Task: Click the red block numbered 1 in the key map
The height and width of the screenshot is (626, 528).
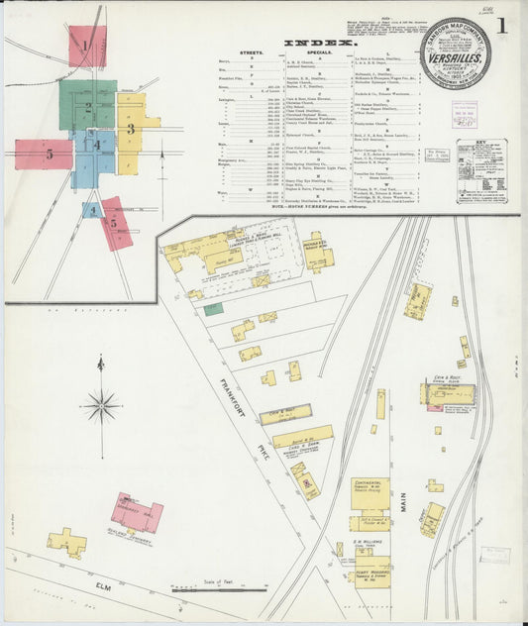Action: pos(86,46)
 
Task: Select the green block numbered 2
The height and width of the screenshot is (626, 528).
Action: pos(86,106)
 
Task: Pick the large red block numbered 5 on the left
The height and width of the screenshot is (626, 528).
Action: pos(44,154)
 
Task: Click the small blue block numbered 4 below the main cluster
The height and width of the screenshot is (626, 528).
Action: pos(92,210)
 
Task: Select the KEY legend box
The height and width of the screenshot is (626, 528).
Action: pos(481,170)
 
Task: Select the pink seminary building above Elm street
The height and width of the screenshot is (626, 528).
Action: pos(136,513)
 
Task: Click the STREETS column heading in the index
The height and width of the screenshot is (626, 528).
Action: pos(253,53)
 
